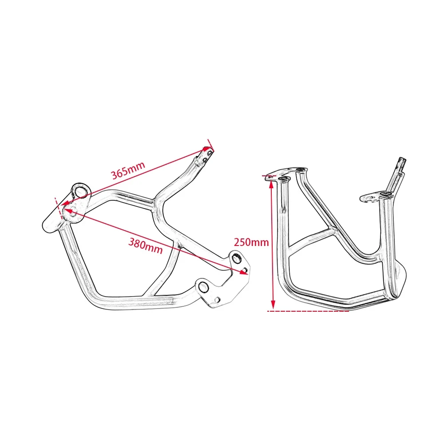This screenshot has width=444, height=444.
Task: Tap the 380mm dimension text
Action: point(145,245)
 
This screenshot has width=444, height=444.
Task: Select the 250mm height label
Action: point(251,242)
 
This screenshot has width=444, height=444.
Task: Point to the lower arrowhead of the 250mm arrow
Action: point(273,305)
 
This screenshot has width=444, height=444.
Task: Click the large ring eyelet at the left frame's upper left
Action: point(80,191)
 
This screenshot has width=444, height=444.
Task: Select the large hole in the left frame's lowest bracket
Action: point(204,287)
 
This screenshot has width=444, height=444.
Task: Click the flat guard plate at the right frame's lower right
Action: point(399,280)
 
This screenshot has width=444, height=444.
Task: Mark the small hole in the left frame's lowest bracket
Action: point(217,298)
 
